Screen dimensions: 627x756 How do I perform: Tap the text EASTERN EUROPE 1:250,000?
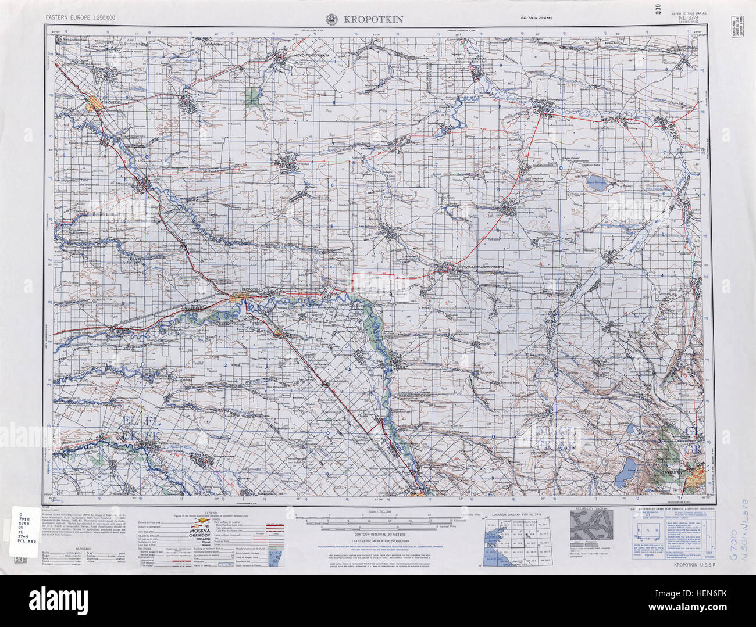[81, 18]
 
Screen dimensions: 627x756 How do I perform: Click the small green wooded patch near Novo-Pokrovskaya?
[252, 94]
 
